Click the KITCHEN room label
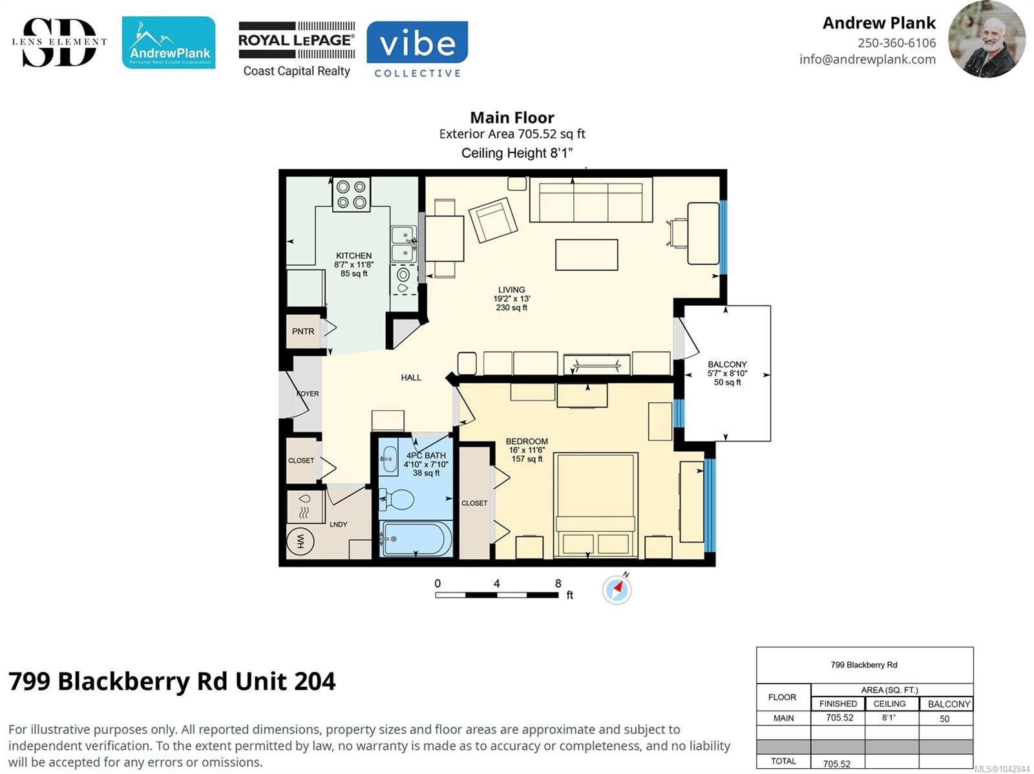353,255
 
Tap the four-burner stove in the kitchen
351,194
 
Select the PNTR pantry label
303,331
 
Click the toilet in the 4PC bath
397,500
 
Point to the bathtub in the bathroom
416,539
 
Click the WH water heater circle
300,541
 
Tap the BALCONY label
727,365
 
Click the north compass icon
617,589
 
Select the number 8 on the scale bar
558,583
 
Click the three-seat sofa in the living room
591,199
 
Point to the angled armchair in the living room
492,220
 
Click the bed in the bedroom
595,505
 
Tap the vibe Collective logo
417,49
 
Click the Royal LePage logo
297,49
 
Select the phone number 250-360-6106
896,43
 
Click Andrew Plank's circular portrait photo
987,39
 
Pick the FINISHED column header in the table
838,704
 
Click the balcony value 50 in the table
944,719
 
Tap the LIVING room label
511,290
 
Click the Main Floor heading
512,118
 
